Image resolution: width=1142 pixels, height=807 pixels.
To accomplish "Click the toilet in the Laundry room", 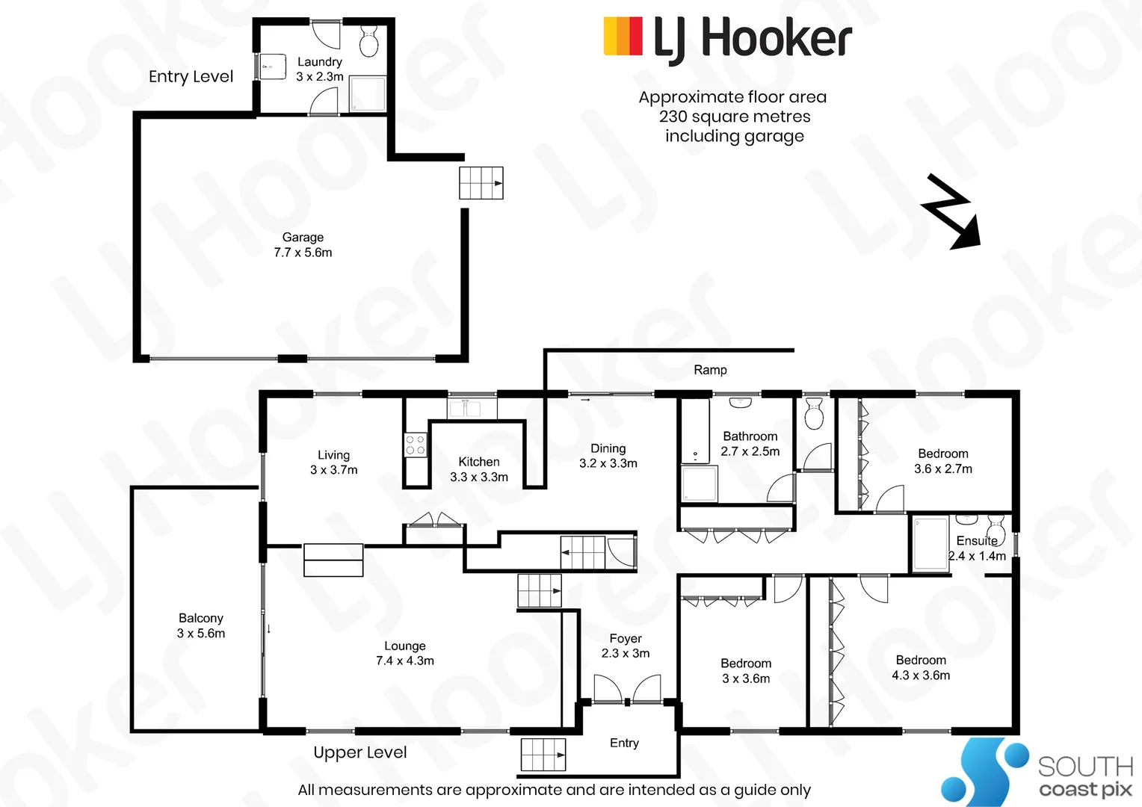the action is click(368, 41).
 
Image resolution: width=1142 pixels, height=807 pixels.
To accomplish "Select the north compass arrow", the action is click(951, 211).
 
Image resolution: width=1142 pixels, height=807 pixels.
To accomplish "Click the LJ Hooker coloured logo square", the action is click(623, 36).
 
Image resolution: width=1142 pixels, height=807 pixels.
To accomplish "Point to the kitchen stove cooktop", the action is click(416, 445).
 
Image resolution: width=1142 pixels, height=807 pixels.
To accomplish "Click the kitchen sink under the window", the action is click(465, 408).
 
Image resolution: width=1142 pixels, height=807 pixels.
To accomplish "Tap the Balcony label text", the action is click(201, 618).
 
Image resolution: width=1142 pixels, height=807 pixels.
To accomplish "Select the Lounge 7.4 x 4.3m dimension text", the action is click(405, 661).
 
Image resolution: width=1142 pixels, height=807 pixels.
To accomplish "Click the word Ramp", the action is click(710, 370).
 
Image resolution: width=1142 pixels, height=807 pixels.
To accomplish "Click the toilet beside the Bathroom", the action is click(814, 413).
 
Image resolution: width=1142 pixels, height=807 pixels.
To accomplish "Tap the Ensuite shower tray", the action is click(930, 543).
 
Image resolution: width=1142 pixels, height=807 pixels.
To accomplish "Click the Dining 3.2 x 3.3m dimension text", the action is click(608, 463).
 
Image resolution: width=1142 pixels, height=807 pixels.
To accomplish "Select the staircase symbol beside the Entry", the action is click(543, 755).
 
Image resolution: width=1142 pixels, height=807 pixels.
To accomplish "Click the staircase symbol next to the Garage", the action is click(481, 182).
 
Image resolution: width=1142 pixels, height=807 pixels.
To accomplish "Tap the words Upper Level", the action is click(360, 752).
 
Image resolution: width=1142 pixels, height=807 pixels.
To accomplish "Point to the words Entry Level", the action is click(191, 76).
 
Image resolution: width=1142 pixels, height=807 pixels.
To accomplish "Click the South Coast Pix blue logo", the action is click(984, 771).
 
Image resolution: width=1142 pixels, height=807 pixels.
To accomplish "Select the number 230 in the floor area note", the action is click(671, 117).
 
